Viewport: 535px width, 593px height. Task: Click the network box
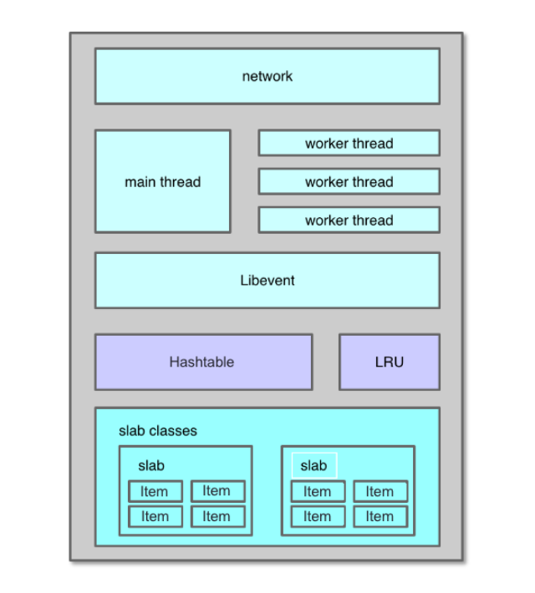tap(267, 76)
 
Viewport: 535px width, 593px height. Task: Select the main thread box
tap(162, 181)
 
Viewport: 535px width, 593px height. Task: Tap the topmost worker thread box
tap(349, 143)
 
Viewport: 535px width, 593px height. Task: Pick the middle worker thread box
tap(349, 181)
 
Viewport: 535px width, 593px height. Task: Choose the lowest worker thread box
tap(349, 220)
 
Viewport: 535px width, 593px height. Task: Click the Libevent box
tap(267, 281)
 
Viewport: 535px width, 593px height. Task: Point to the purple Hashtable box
tap(202, 362)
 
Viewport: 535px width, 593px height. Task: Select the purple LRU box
tap(389, 362)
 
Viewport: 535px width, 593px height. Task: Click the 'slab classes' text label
tap(158, 431)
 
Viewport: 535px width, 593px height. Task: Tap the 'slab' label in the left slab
tap(151, 466)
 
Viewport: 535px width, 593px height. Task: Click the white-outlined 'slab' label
tap(313, 465)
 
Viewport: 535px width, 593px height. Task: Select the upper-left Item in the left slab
tap(155, 492)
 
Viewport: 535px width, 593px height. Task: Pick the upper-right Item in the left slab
tap(217, 491)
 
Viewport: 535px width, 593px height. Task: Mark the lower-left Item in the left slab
tap(155, 517)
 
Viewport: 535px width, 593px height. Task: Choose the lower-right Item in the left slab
tap(217, 517)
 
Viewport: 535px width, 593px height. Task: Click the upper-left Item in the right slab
tap(318, 492)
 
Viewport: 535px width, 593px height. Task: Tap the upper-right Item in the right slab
tap(380, 492)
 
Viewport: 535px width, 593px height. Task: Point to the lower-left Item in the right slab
tap(318, 517)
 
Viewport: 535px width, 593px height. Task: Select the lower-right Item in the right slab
tap(380, 517)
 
